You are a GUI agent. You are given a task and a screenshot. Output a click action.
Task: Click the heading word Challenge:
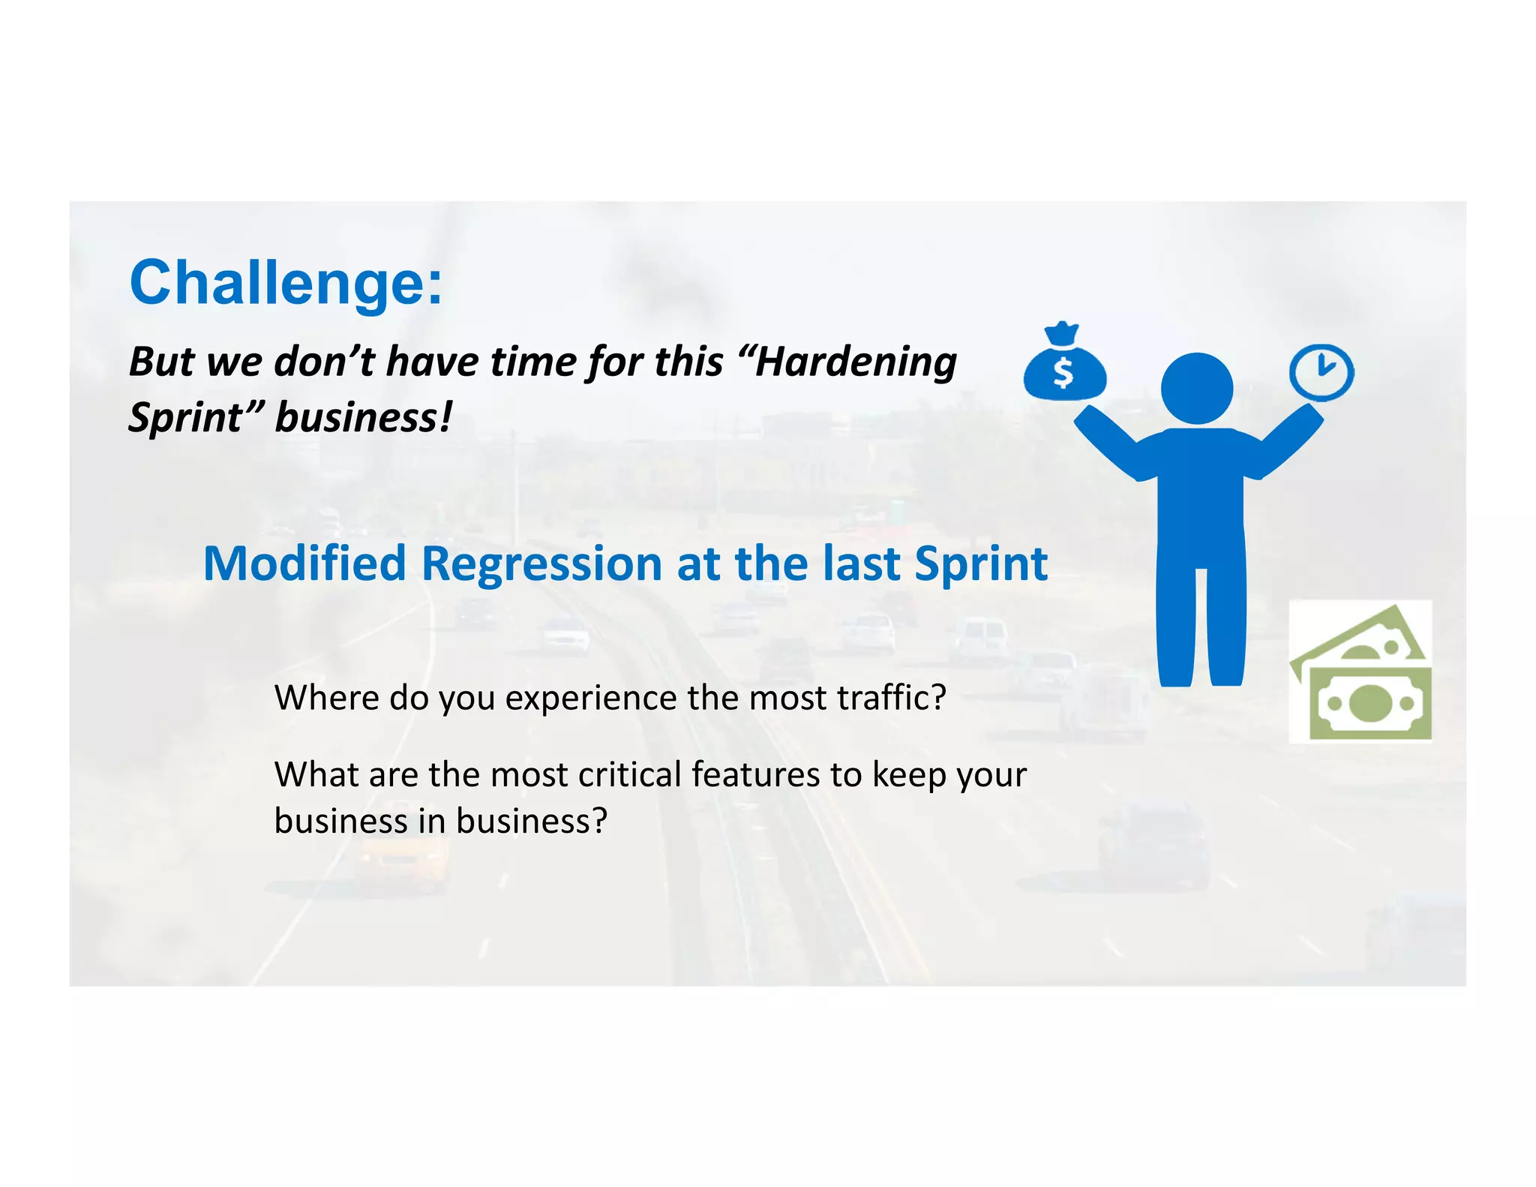[286, 283]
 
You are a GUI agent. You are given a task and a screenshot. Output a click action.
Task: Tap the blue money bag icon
[1063, 364]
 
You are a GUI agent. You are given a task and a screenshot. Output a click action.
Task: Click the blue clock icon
[1321, 371]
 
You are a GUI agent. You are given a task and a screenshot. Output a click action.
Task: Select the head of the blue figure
[1196, 388]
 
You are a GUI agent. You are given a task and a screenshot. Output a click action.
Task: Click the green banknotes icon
[1360, 672]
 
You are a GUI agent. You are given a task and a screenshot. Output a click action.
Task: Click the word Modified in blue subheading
[304, 563]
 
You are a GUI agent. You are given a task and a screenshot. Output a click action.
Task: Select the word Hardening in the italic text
[856, 362]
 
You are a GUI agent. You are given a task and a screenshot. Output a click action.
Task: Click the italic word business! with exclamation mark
[364, 417]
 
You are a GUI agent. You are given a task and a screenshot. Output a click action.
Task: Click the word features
[755, 774]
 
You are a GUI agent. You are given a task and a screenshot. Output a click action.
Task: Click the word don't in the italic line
[324, 362]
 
